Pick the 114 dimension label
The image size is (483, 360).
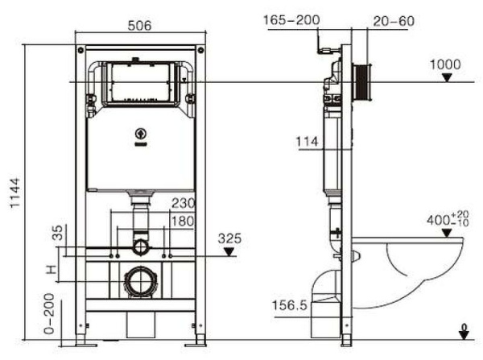pyautogui.click(x=307, y=142)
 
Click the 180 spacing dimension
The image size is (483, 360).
pyautogui.click(x=184, y=221)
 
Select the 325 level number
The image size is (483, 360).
pyautogui.click(x=229, y=238)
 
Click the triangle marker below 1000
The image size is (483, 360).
pyautogui.click(x=446, y=78)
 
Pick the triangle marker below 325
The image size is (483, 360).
pyautogui.click(x=229, y=251)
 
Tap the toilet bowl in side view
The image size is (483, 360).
pyautogui.click(x=419, y=266)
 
